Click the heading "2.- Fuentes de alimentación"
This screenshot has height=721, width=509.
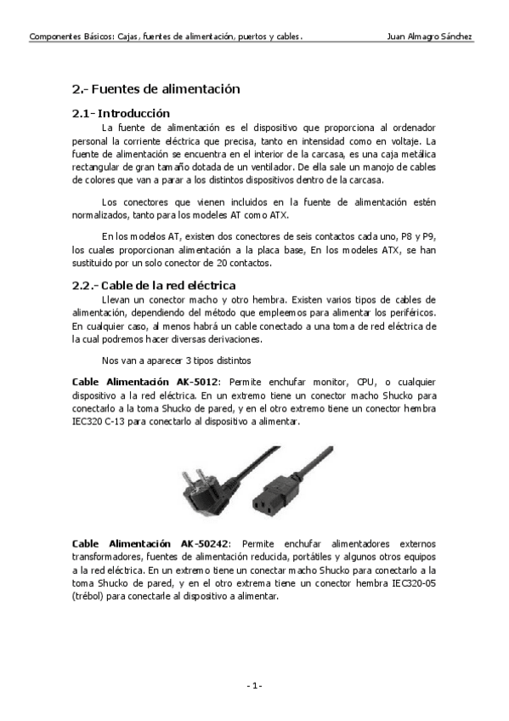tap(156, 88)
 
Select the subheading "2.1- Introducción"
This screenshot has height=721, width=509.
tap(122, 113)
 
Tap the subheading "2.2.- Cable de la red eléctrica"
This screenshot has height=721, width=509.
tap(154, 285)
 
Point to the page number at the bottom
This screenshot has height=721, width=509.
tap(254, 685)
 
